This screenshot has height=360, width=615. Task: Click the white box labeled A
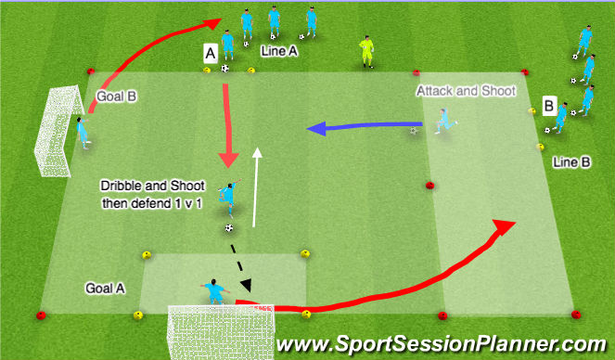(x=211, y=56)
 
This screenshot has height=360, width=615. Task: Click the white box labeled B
(x=549, y=107)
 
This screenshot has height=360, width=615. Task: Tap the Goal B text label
(x=117, y=96)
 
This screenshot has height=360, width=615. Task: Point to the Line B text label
(x=571, y=161)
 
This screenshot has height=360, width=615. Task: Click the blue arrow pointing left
(x=366, y=127)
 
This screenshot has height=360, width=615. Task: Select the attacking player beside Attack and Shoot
(x=444, y=122)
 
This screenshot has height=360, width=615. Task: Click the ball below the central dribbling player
(x=229, y=227)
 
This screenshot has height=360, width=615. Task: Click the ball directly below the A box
(x=225, y=68)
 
